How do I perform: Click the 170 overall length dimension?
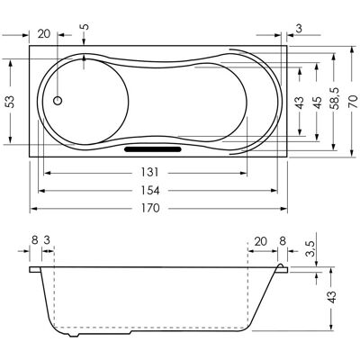150,208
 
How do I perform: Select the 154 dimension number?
150,191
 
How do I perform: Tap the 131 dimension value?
149,173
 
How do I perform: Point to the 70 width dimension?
353,102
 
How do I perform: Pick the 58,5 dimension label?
335,98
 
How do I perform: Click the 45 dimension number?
317,103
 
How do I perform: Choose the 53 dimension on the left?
11,102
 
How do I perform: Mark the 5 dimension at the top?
85,27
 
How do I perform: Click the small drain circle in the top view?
58,101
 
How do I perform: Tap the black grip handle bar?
153,149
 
